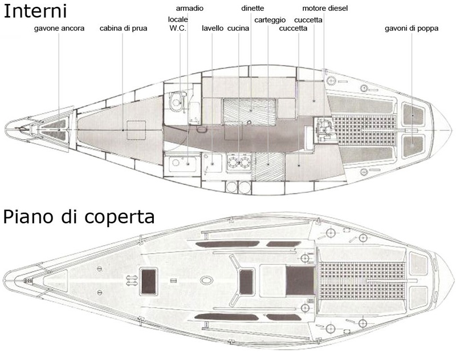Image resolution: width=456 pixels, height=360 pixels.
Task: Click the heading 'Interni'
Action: pyautogui.click(x=35, y=11)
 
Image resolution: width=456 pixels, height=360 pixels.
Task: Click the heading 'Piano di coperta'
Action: pyautogui.click(x=79, y=217)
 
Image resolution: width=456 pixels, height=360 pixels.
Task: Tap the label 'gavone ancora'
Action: pyautogui.click(x=59, y=29)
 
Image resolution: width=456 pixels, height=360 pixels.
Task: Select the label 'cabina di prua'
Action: pyautogui.click(x=123, y=29)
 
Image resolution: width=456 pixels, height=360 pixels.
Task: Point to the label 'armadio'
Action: pyautogui.click(x=190, y=8)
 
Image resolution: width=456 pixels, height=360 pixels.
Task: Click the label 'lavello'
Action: pyautogui.click(x=213, y=28)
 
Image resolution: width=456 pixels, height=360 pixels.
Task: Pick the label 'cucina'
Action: pyautogui.click(x=238, y=28)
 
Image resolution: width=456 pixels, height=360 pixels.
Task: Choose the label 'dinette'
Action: pyautogui.click(x=253, y=8)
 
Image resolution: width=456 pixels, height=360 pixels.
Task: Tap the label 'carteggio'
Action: pyautogui.click(x=270, y=20)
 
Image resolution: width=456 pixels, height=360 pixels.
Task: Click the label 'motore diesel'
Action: pyautogui.click(x=325, y=8)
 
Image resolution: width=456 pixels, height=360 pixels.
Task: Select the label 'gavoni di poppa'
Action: pyautogui.click(x=412, y=29)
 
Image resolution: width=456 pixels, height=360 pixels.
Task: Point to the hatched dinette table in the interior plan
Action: pyautogui.click(x=249, y=112)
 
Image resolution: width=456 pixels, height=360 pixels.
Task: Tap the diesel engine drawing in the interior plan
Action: pyautogui.click(x=324, y=130)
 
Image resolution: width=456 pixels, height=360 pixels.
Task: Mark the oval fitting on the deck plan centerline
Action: pyautogui.click(x=206, y=281)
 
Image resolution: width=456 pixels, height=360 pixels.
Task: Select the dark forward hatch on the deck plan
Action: pyautogui.click(x=149, y=281)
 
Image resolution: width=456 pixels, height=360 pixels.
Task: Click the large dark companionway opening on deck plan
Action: pyautogui.click(x=300, y=281)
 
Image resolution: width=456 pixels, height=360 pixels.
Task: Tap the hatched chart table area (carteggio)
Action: pyautogui.click(x=268, y=167)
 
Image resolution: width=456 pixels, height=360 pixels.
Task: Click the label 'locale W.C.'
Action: pyautogui.click(x=178, y=23)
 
